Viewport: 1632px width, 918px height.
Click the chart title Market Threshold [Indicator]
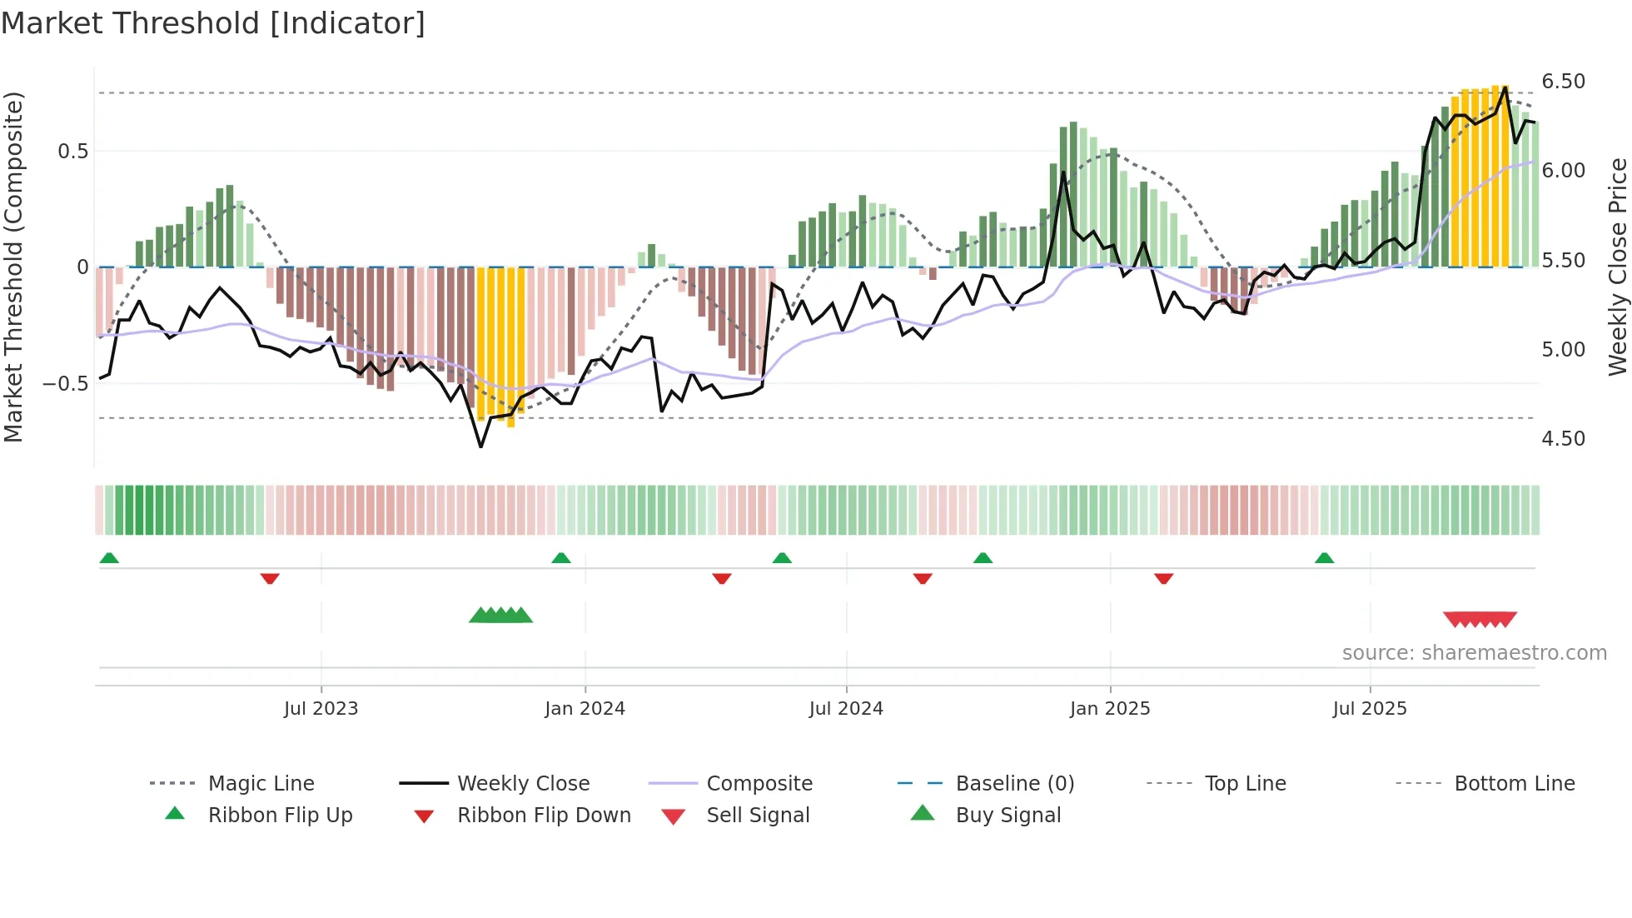coord(213,23)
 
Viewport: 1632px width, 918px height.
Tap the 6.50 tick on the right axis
coord(1563,82)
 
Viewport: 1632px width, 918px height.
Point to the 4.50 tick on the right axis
coord(1563,439)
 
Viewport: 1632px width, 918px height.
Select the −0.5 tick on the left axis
coord(66,384)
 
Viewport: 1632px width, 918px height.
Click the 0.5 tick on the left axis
coord(72,152)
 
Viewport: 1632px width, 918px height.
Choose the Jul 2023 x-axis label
coord(321,709)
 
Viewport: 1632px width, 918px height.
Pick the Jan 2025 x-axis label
coord(1109,709)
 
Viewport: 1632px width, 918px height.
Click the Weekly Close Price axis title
coord(1617,267)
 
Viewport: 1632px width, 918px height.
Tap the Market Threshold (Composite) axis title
coord(13,267)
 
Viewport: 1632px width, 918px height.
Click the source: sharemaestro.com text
coord(1474,653)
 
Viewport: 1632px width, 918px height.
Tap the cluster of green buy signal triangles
coord(500,616)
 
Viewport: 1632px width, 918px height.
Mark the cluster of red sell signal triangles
coord(1480,620)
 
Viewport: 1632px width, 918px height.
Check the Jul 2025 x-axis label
coord(1369,709)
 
